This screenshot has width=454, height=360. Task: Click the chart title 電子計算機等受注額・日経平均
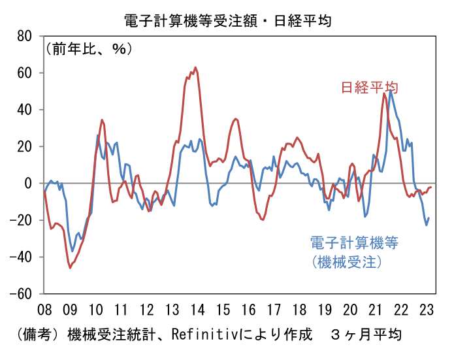click(228, 21)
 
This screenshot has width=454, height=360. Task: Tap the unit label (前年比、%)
click(89, 48)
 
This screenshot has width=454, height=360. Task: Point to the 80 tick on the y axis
click(24, 37)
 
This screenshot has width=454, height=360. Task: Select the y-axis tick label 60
click(24, 73)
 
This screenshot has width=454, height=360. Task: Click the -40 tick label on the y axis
click(20, 257)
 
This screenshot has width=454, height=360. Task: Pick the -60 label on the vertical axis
click(20, 294)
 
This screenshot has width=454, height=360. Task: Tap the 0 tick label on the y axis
click(28, 184)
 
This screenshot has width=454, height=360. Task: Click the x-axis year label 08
click(44, 310)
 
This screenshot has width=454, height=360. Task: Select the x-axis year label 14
click(197, 310)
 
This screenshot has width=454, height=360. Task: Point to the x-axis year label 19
click(325, 310)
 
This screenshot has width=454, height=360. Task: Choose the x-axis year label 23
click(427, 310)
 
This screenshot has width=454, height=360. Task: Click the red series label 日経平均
click(370, 87)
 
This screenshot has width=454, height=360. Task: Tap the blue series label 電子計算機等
click(355, 242)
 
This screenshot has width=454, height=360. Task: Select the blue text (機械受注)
click(347, 262)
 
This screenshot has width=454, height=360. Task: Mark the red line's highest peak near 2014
click(195, 67)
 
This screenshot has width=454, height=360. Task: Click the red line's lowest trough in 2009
click(70, 268)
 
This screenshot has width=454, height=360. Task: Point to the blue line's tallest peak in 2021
click(391, 91)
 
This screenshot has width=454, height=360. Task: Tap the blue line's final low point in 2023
click(427, 225)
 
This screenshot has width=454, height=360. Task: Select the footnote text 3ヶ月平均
click(366, 335)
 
